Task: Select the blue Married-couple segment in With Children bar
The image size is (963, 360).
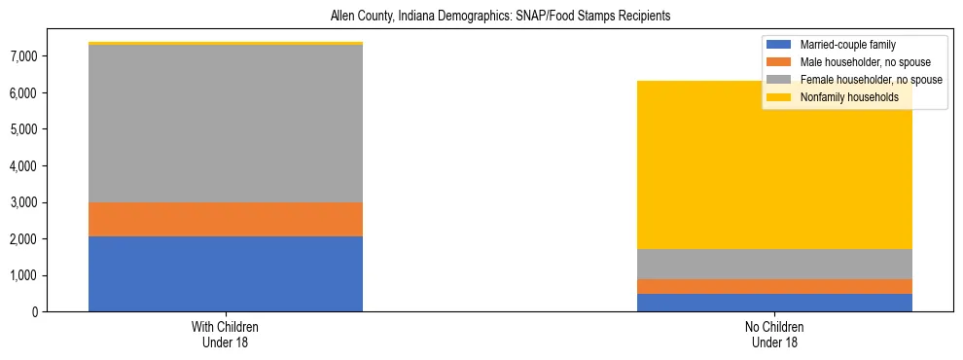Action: click(x=226, y=273)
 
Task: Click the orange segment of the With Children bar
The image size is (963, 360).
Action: click(x=226, y=219)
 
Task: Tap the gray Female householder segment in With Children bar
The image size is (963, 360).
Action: click(x=226, y=124)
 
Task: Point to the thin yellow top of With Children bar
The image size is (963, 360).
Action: click(x=226, y=44)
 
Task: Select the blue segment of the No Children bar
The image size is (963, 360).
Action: click(x=774, y=302)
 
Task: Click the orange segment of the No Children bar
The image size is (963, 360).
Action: click(x=774, y=286)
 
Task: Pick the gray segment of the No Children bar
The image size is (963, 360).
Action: click(x=774, y=264)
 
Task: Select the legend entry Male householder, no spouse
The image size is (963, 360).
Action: click(x=857, y=62)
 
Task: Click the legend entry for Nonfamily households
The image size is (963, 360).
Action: click(x=849, y=97)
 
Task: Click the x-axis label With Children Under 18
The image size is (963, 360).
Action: click(x=226, y=334)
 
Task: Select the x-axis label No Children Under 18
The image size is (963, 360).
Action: click(x=774, y=334)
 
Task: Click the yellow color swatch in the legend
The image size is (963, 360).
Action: click(x=779, y=97)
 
